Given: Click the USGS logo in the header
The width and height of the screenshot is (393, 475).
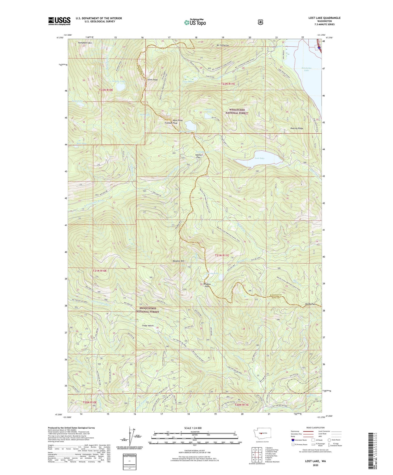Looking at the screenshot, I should (x=59, y=21).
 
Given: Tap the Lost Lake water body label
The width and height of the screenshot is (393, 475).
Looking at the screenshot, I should (x=260, y=158).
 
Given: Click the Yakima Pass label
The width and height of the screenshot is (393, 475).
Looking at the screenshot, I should (x=199, y=156).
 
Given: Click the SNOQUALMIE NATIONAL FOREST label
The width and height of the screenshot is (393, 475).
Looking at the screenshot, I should (x=148, y=310).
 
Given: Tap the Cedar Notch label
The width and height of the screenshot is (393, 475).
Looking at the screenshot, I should (x=148, y=326).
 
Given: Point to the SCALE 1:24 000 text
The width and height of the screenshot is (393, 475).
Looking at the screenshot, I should (x=194, y=428).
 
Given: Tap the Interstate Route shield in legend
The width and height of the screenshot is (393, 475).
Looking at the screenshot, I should (x=293, y=440).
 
